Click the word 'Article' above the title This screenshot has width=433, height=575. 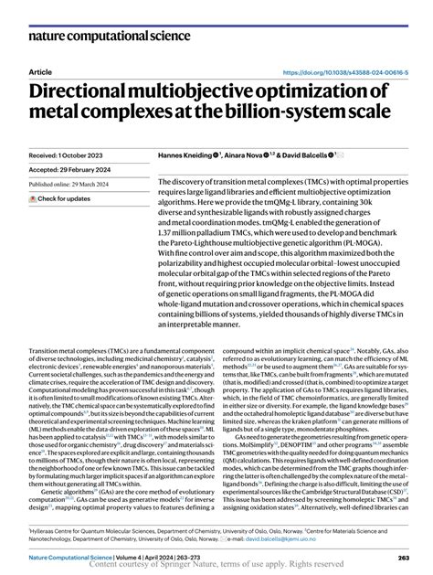point(41,70)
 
